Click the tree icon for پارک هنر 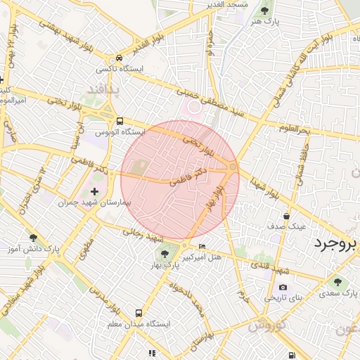(x=264, y=11)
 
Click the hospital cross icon (x=95, y=191)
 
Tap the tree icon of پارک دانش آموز (x=33, y=238)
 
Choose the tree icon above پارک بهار (x=164, y=253)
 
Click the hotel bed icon (x=202, y=246)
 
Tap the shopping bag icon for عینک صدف (x=286, y=216)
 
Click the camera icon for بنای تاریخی (x=283, y=287)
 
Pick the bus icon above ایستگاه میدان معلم (x=138, y=312)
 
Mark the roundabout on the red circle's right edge (x=232, y=167)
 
